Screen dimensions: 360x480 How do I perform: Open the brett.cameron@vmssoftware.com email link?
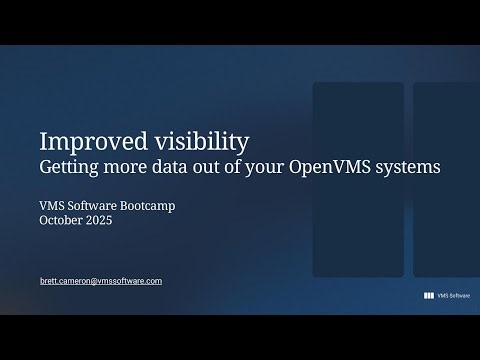coord(100,281)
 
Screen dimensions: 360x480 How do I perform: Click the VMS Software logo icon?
coord(429,296)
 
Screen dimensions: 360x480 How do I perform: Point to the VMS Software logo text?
coord(454,296)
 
